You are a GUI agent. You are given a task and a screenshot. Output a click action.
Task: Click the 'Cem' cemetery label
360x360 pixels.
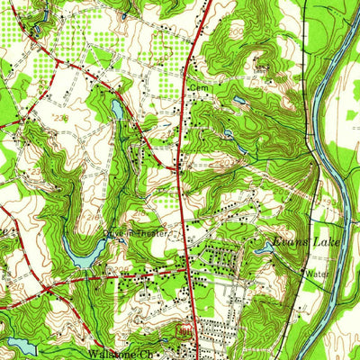198,87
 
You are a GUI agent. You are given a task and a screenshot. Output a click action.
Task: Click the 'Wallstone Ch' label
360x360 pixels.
117,354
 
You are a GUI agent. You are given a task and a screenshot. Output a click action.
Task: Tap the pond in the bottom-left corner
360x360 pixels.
18,344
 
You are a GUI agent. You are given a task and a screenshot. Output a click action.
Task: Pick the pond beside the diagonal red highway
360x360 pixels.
118,109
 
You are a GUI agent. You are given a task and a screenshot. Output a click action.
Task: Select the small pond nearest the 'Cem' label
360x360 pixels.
236,100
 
